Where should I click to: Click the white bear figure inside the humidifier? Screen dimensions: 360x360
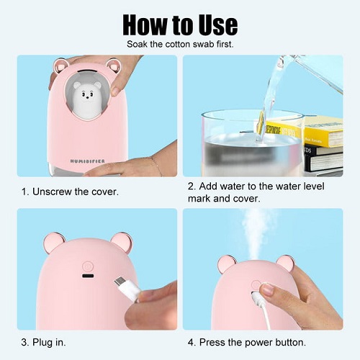[x=87, y=96]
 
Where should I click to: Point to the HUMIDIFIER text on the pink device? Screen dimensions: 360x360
[x=87, y=161]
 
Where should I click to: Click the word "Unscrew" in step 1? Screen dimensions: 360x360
[x=52, y=192]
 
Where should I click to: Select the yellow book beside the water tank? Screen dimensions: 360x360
[x=323, y=131]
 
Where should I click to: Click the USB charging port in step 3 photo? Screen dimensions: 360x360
[x=88, y=276]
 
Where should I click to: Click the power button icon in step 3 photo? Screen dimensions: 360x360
[x=88, y=266]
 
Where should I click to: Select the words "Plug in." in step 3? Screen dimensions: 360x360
[x=49, y=343]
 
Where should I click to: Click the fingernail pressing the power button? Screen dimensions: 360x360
[x=267, y=289]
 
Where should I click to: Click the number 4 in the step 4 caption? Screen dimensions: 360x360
[x=191, y=343]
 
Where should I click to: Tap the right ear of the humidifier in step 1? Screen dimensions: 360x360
[x=113, y=66]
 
